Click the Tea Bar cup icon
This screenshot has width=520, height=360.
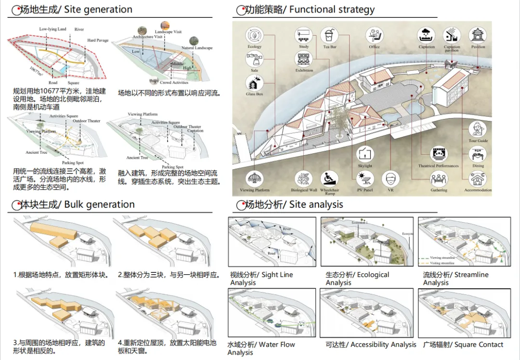point(330,36)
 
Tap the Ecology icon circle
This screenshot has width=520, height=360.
point(254,36)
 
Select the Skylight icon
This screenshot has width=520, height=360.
point(365,155)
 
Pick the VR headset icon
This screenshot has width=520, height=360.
point(390,179)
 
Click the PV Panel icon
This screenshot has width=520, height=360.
point(365,179)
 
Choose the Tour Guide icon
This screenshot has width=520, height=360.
point(478,129)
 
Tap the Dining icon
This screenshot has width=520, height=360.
point(478,154)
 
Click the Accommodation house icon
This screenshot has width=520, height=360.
point(478,179)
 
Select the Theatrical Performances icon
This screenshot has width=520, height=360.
point(438,154)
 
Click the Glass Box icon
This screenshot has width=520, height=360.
point(254,82)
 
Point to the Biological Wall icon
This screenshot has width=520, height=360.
point(304,179)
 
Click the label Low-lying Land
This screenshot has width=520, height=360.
point(52,29)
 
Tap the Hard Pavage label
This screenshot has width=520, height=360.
point(98,40)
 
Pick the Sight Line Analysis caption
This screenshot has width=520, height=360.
point(261,279)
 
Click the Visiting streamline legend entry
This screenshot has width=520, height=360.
point(443,263)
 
